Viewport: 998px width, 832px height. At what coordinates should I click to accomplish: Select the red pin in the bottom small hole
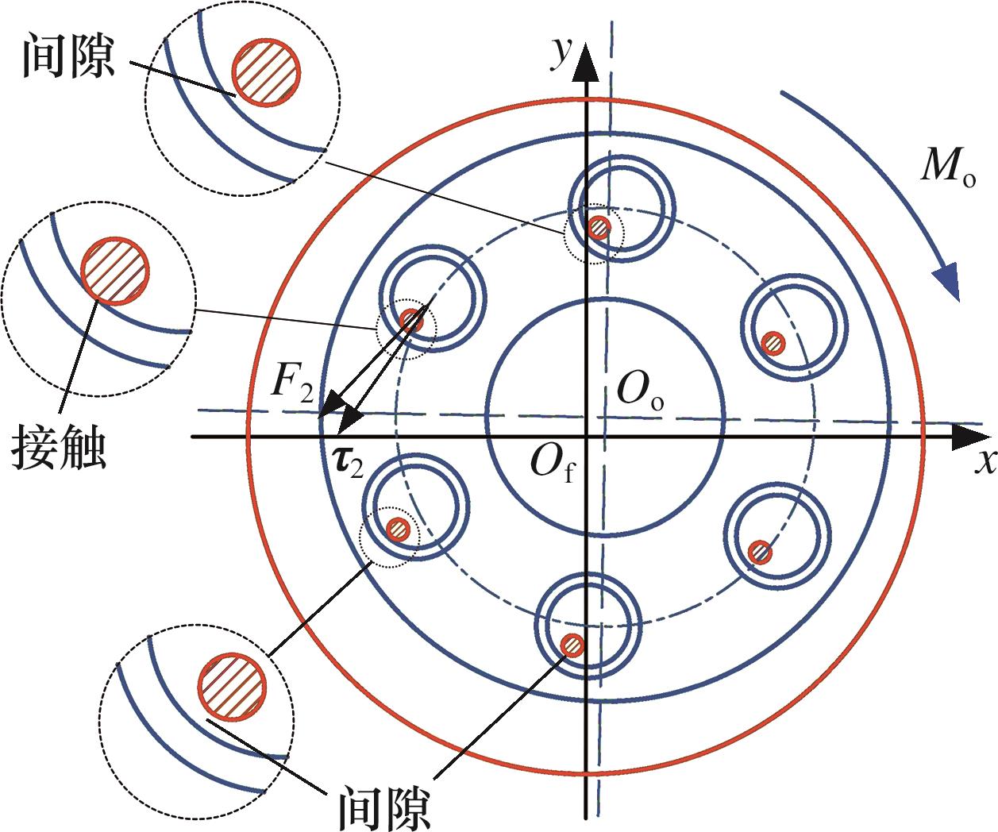[x=572, y=645]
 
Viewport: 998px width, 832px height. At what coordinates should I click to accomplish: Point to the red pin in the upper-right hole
[x=773, y=344]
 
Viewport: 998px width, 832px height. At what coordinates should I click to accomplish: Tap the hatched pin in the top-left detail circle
[x=266, y=70]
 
